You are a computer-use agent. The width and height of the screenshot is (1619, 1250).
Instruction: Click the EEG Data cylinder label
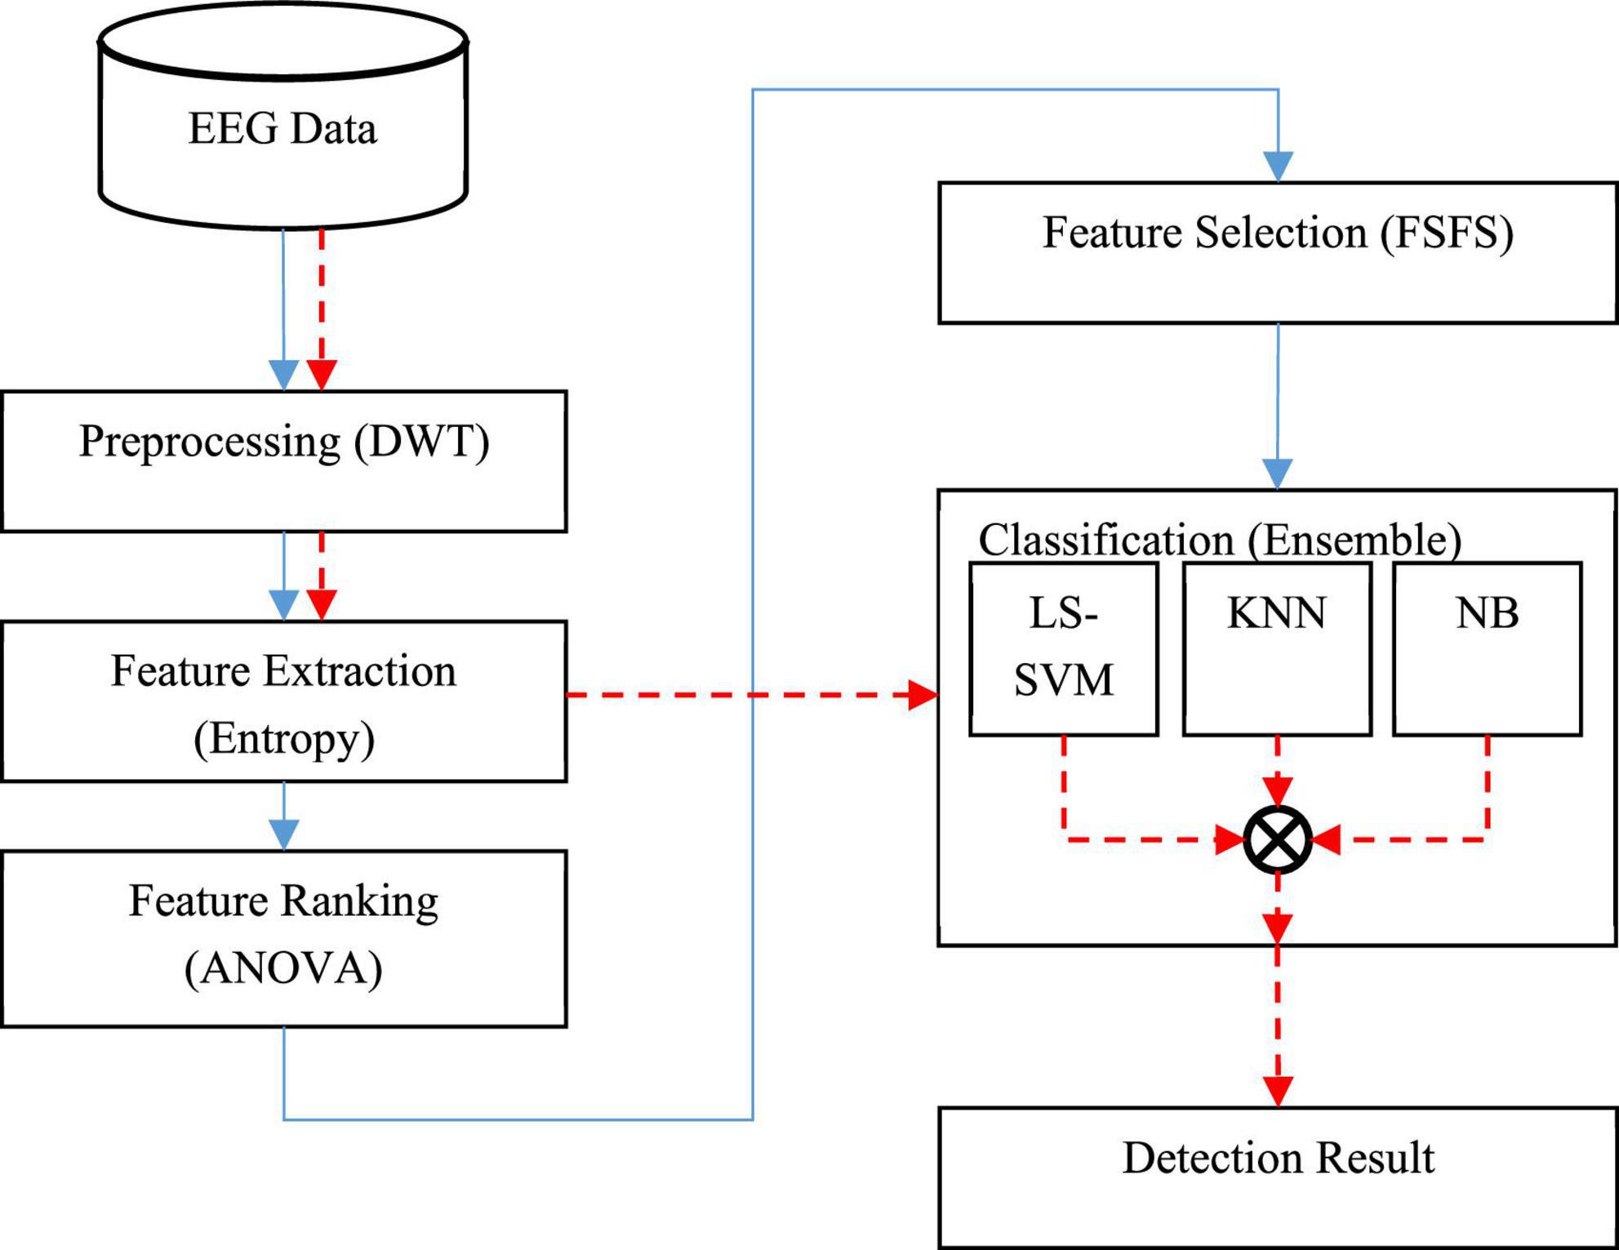[282, 129]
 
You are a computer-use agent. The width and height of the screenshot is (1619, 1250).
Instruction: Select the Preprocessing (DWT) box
[283, 461]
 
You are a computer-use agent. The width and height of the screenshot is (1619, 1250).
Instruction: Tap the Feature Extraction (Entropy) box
[283, 702]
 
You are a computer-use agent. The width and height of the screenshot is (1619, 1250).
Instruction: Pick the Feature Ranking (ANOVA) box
[283, 938]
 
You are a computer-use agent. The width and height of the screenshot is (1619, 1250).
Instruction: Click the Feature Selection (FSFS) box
[1278, 252]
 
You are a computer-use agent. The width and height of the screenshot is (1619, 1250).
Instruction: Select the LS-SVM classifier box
[1063, 649]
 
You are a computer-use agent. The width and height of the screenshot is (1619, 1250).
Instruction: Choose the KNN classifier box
[1277, 649]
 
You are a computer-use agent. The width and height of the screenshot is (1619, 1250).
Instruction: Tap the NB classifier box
[1487, 649]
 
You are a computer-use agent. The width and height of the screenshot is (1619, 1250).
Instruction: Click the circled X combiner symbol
[1278, 839]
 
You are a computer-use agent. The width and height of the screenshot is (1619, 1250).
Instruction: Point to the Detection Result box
[1278, 1177]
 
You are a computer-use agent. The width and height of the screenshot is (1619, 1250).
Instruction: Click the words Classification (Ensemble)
[1220, 540]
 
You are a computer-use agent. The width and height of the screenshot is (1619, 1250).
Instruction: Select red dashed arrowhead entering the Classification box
[923, 695]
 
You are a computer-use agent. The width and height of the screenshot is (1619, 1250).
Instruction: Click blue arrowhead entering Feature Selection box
[1278, 166]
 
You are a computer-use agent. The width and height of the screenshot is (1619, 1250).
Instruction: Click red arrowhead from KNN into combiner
[1278, 791]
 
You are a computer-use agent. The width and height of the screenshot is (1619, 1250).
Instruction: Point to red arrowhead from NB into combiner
[1327, 839]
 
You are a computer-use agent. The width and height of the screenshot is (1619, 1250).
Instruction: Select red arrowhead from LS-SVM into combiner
[1229, 839]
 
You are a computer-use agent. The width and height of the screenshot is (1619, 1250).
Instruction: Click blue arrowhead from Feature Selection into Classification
[1278, 474]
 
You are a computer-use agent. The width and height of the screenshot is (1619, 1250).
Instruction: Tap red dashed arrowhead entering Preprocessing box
[322, 375]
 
